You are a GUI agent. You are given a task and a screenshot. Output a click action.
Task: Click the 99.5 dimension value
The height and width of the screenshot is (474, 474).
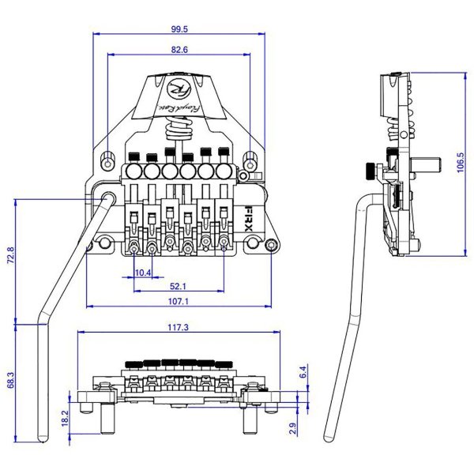(x=179, y=28)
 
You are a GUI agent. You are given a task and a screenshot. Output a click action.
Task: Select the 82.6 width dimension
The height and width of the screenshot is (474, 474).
(x=179, y=50)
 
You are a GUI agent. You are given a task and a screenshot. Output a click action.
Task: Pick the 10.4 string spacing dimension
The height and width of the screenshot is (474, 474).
(x=143, y=272)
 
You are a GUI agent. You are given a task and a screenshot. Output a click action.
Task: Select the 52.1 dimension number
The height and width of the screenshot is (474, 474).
(x=178, y=286)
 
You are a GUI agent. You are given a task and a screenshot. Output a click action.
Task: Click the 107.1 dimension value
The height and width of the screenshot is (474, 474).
(x=179, y=301)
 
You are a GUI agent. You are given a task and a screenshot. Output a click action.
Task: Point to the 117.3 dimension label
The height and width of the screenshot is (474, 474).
(x=179, y=326)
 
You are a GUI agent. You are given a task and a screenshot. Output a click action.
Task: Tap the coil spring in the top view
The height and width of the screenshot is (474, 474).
(x=179, y=127)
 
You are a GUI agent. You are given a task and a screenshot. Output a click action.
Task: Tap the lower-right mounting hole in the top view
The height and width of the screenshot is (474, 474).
(x=273, y=246)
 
